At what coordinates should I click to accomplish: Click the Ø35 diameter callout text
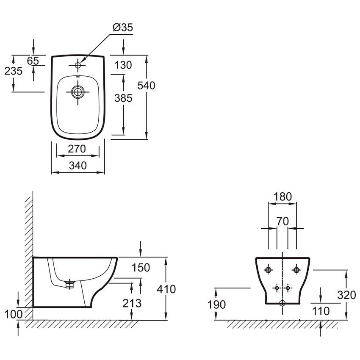coord(122,28)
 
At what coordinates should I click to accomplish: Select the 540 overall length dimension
coord(146,86)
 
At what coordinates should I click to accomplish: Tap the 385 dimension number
coord(123,98)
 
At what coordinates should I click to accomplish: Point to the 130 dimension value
coord(123,65)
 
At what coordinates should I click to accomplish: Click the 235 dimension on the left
coord(13,71)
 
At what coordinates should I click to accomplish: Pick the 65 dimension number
coord(33,61)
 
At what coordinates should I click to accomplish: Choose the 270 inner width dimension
coord(77,149)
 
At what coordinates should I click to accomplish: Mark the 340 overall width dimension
coord(78,166)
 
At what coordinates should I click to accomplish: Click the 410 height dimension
coord(166,289)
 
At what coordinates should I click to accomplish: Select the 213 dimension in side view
coord(132,303)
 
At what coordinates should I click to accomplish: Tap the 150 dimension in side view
coord(141,268)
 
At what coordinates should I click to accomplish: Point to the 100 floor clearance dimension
coord(13,314)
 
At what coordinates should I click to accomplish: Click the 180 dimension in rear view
coord(282,197)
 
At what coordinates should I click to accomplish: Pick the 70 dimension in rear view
coord(282,222)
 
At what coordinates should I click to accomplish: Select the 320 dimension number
coord(346,295)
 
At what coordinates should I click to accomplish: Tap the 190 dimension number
coord(216,305)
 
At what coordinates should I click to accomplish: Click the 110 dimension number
coord(321,311)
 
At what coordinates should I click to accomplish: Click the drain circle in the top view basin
coord(78,92)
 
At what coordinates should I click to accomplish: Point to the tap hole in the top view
coord(78,65)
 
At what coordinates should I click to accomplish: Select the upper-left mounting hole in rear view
coord(269,270)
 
